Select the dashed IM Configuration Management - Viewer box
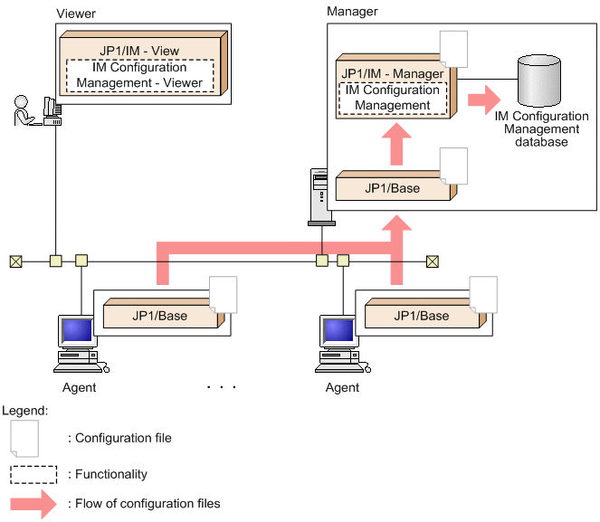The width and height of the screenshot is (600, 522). (139, 75)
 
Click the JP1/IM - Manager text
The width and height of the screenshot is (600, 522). (392, 73)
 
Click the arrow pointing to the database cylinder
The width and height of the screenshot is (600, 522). (482, 96)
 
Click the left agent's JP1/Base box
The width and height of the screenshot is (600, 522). (159, 316)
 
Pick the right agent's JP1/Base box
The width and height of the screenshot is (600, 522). (421, 316)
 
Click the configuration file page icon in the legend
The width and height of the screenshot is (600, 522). (25, 438)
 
